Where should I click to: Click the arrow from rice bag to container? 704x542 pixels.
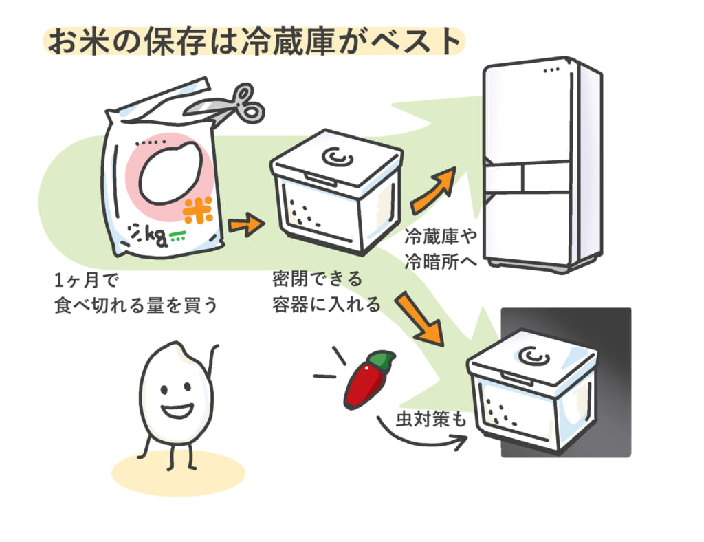(x=246, y=224)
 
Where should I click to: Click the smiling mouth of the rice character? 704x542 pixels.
(x=177, y=411)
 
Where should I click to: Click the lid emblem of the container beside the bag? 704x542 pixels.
(x=337, y=158)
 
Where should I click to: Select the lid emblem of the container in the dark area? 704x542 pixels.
(x=533, y=356)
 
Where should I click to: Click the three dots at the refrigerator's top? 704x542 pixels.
(x=552, y=70)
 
